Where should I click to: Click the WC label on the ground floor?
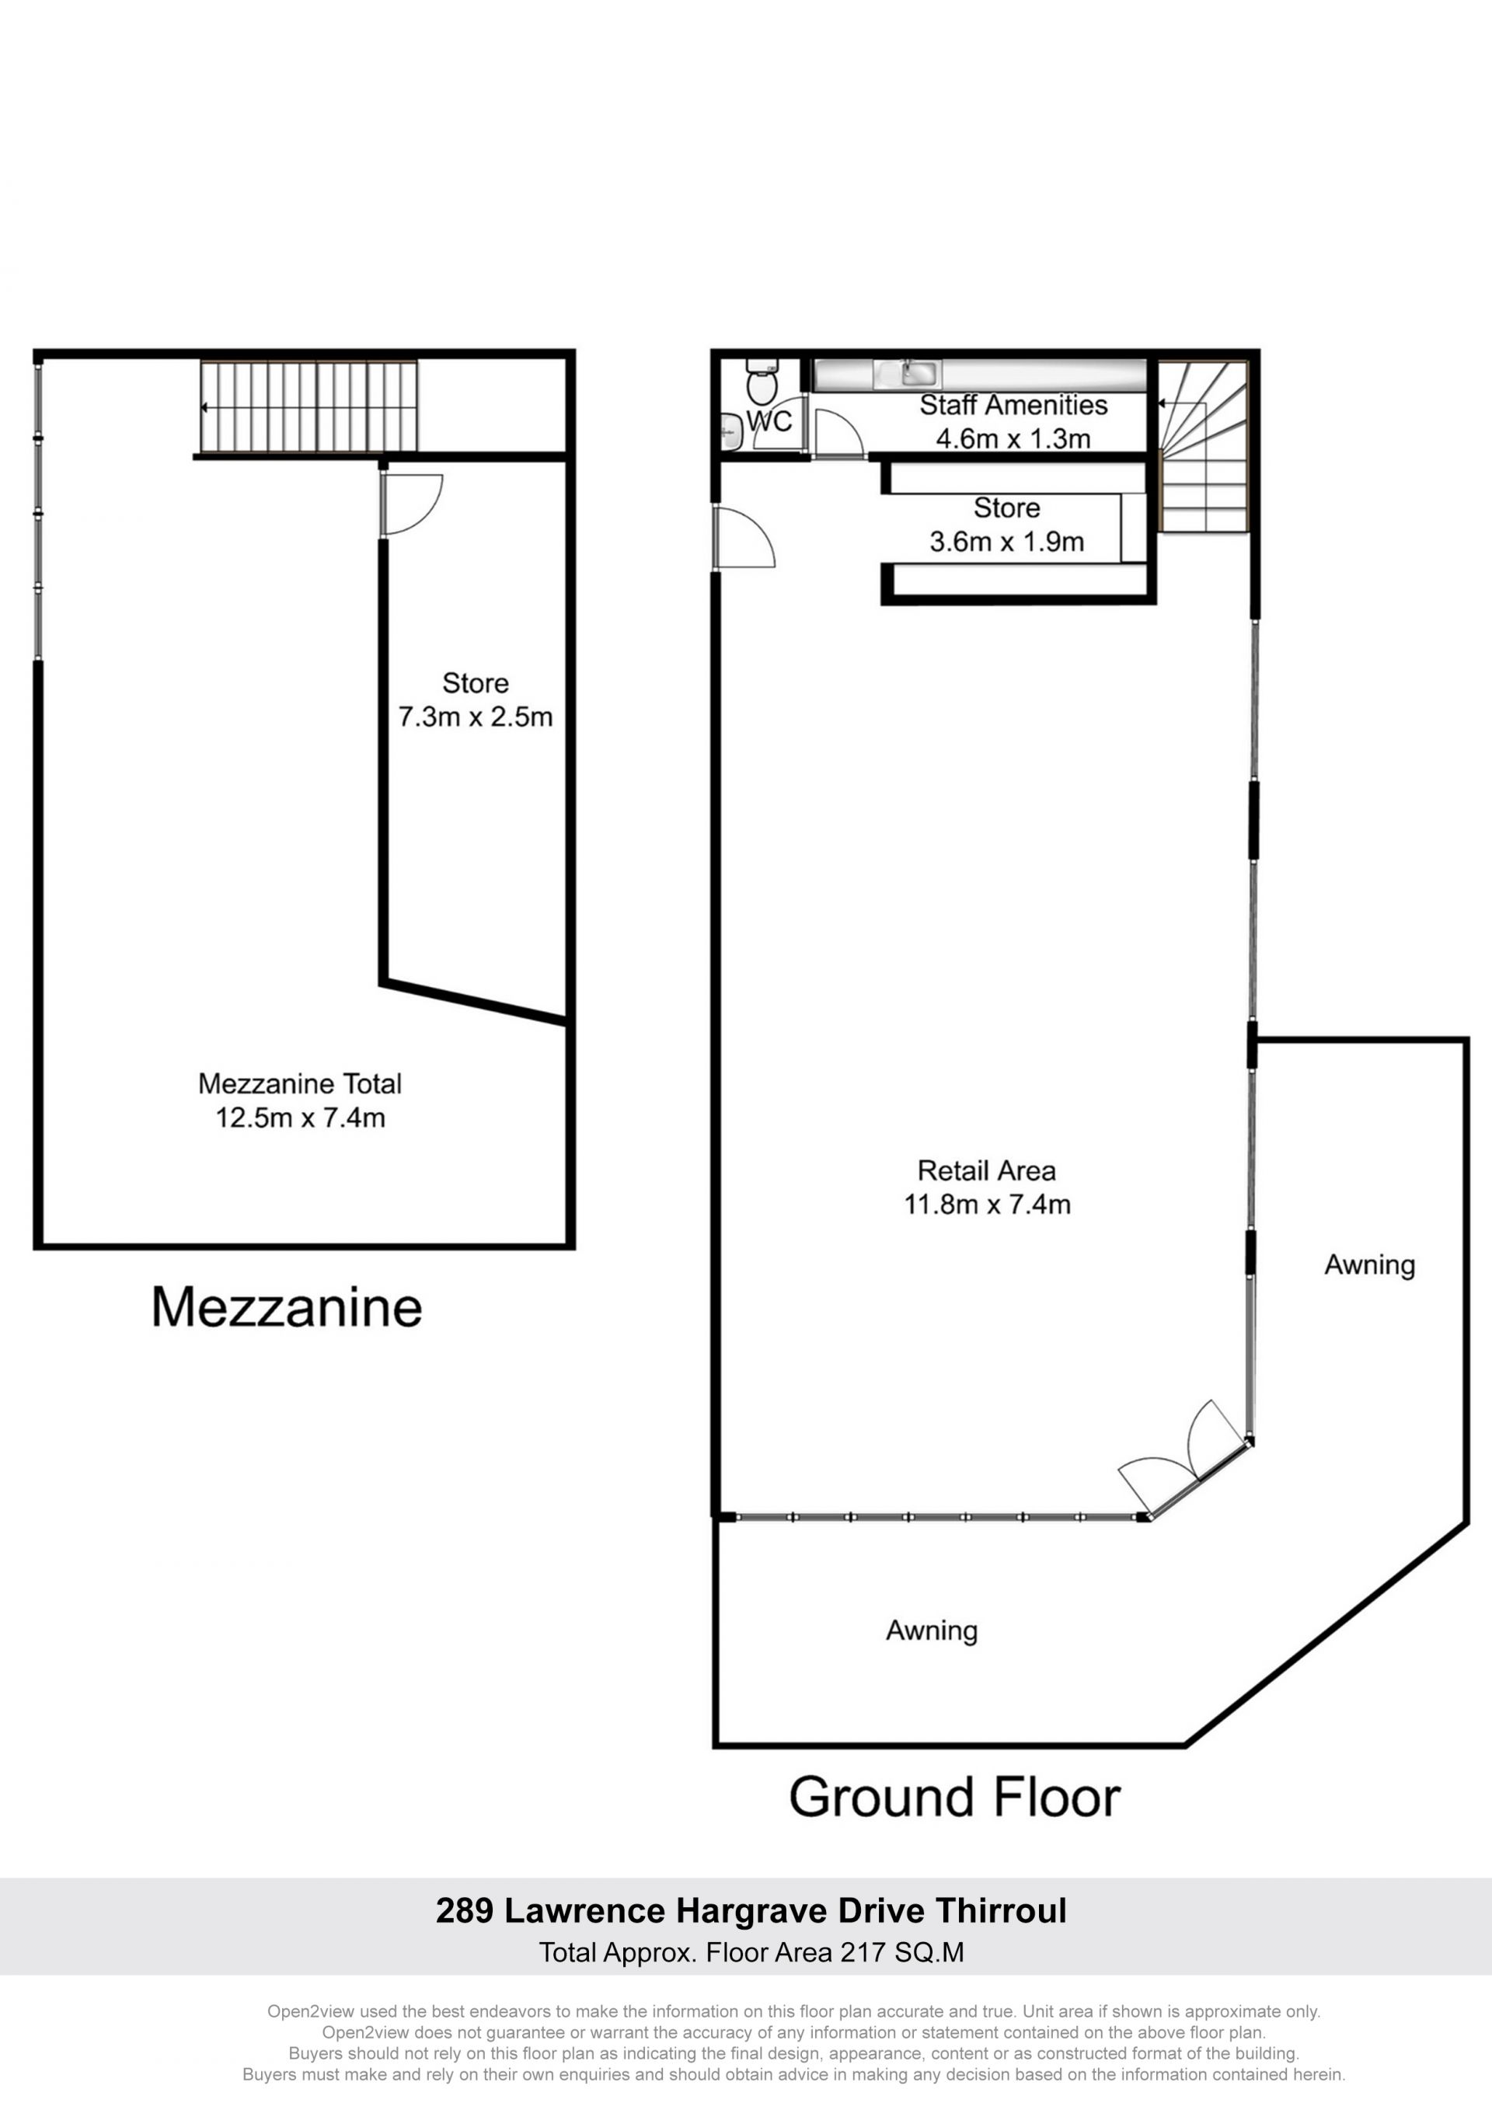[x=769, y=421]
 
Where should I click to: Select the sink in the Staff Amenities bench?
[x=921, y=374]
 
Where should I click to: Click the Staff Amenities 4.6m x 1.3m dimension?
[x=1013, y=438]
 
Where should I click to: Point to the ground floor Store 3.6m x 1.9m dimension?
[x=1007, y=541]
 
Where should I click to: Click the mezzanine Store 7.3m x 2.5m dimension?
[x=475, y=716]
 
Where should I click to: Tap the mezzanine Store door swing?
[x=412, y=503]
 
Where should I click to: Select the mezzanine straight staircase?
[x=309, y=407]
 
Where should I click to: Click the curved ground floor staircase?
[x=1203, y=446]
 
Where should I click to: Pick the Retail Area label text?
[x=986, y=1170]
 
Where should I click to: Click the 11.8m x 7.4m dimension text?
[x=987, y=1204]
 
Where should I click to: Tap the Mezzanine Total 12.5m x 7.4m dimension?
[x=301, y=1118]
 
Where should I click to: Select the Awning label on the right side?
[x=1369, y=1265]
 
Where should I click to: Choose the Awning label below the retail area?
[x=932, y=1631]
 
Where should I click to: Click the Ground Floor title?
[x=954, y=1798]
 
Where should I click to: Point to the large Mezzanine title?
[x=287, y=1307]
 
